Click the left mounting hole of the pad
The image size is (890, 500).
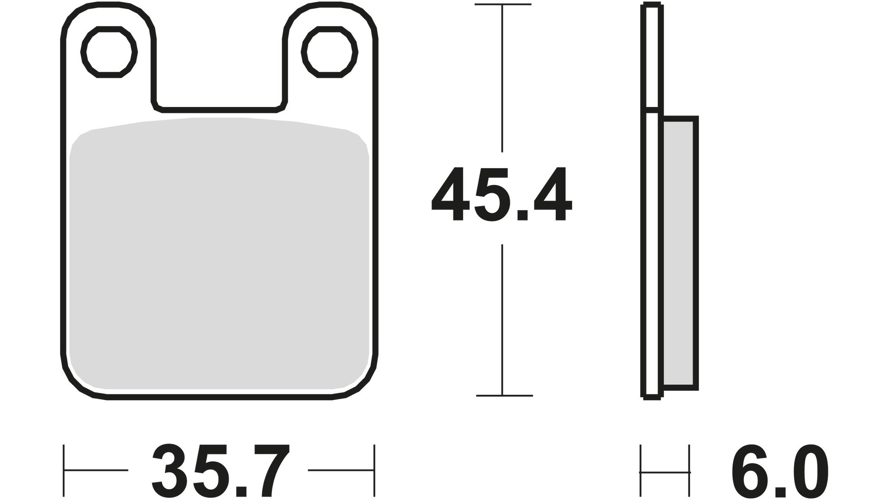(x=109, y=52)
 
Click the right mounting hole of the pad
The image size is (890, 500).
(x=330, y=52)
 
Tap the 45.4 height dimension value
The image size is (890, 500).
(x=502, y=195)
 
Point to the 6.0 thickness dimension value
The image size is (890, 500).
(x=780, y=470)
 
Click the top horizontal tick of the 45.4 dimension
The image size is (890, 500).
(x=503, y=5)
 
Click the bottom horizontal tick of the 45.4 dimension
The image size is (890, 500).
(x=504, y=396)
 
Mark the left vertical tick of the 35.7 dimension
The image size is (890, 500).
(x=64, y=470)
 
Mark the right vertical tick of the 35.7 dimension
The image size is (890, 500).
(x=374, y=470)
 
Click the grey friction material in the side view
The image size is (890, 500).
(x=679, y=252)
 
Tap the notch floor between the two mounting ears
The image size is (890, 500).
(x=219, y=110)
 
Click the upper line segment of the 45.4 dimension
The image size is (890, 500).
(x=502, y=79)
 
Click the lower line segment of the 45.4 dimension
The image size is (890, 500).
(x=502, y=319)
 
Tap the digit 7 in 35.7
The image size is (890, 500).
(x=270, y=470)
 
